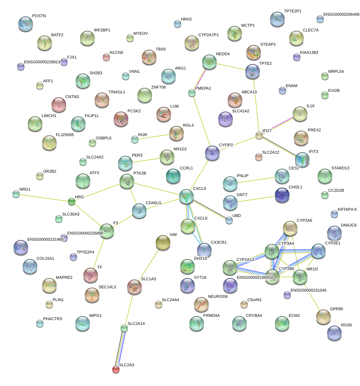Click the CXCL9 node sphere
point(186,196)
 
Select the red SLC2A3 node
point(116,370)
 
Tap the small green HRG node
point(72,201)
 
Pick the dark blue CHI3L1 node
point(282,195)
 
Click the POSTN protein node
point(25,23)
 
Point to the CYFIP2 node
point(212,153)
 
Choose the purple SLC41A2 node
point(225,119)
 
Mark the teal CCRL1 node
point(173,176)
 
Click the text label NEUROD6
point(217,296)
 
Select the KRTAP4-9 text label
point(347,209)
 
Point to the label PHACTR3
point(52,319)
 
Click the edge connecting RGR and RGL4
point(154,136)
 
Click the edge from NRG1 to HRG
point(44,198)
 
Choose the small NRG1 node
point(16,194)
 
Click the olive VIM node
point(163,242)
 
